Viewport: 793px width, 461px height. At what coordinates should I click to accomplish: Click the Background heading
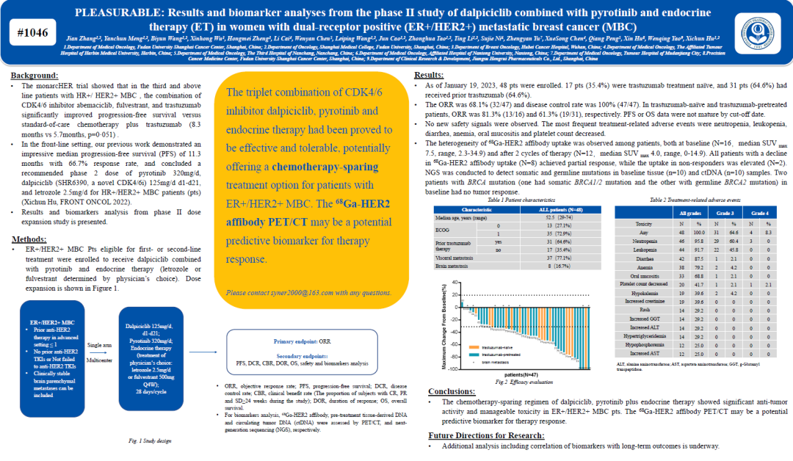(x=36, y=76)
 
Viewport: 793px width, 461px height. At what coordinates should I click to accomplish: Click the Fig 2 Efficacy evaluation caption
(x=524, y=382)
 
